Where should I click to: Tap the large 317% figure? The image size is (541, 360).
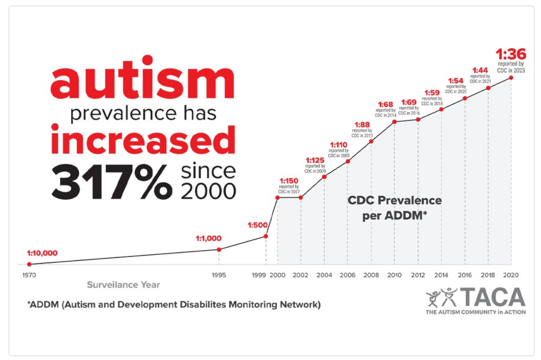112,180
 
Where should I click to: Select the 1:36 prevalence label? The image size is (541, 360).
511,55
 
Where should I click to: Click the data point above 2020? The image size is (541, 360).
511,78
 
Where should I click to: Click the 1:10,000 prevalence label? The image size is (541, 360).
42,253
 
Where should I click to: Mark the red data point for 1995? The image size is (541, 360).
219,249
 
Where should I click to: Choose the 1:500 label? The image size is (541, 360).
257,226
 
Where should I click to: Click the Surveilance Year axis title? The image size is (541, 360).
123,285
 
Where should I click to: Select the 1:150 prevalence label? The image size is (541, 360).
288,180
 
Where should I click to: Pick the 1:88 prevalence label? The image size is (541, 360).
361,124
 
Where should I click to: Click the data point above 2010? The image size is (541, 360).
395,121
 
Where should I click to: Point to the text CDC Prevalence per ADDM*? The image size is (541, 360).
394,208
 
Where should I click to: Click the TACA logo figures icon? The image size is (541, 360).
441,297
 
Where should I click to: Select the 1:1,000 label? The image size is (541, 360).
209,239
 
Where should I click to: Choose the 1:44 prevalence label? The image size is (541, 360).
480,70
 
